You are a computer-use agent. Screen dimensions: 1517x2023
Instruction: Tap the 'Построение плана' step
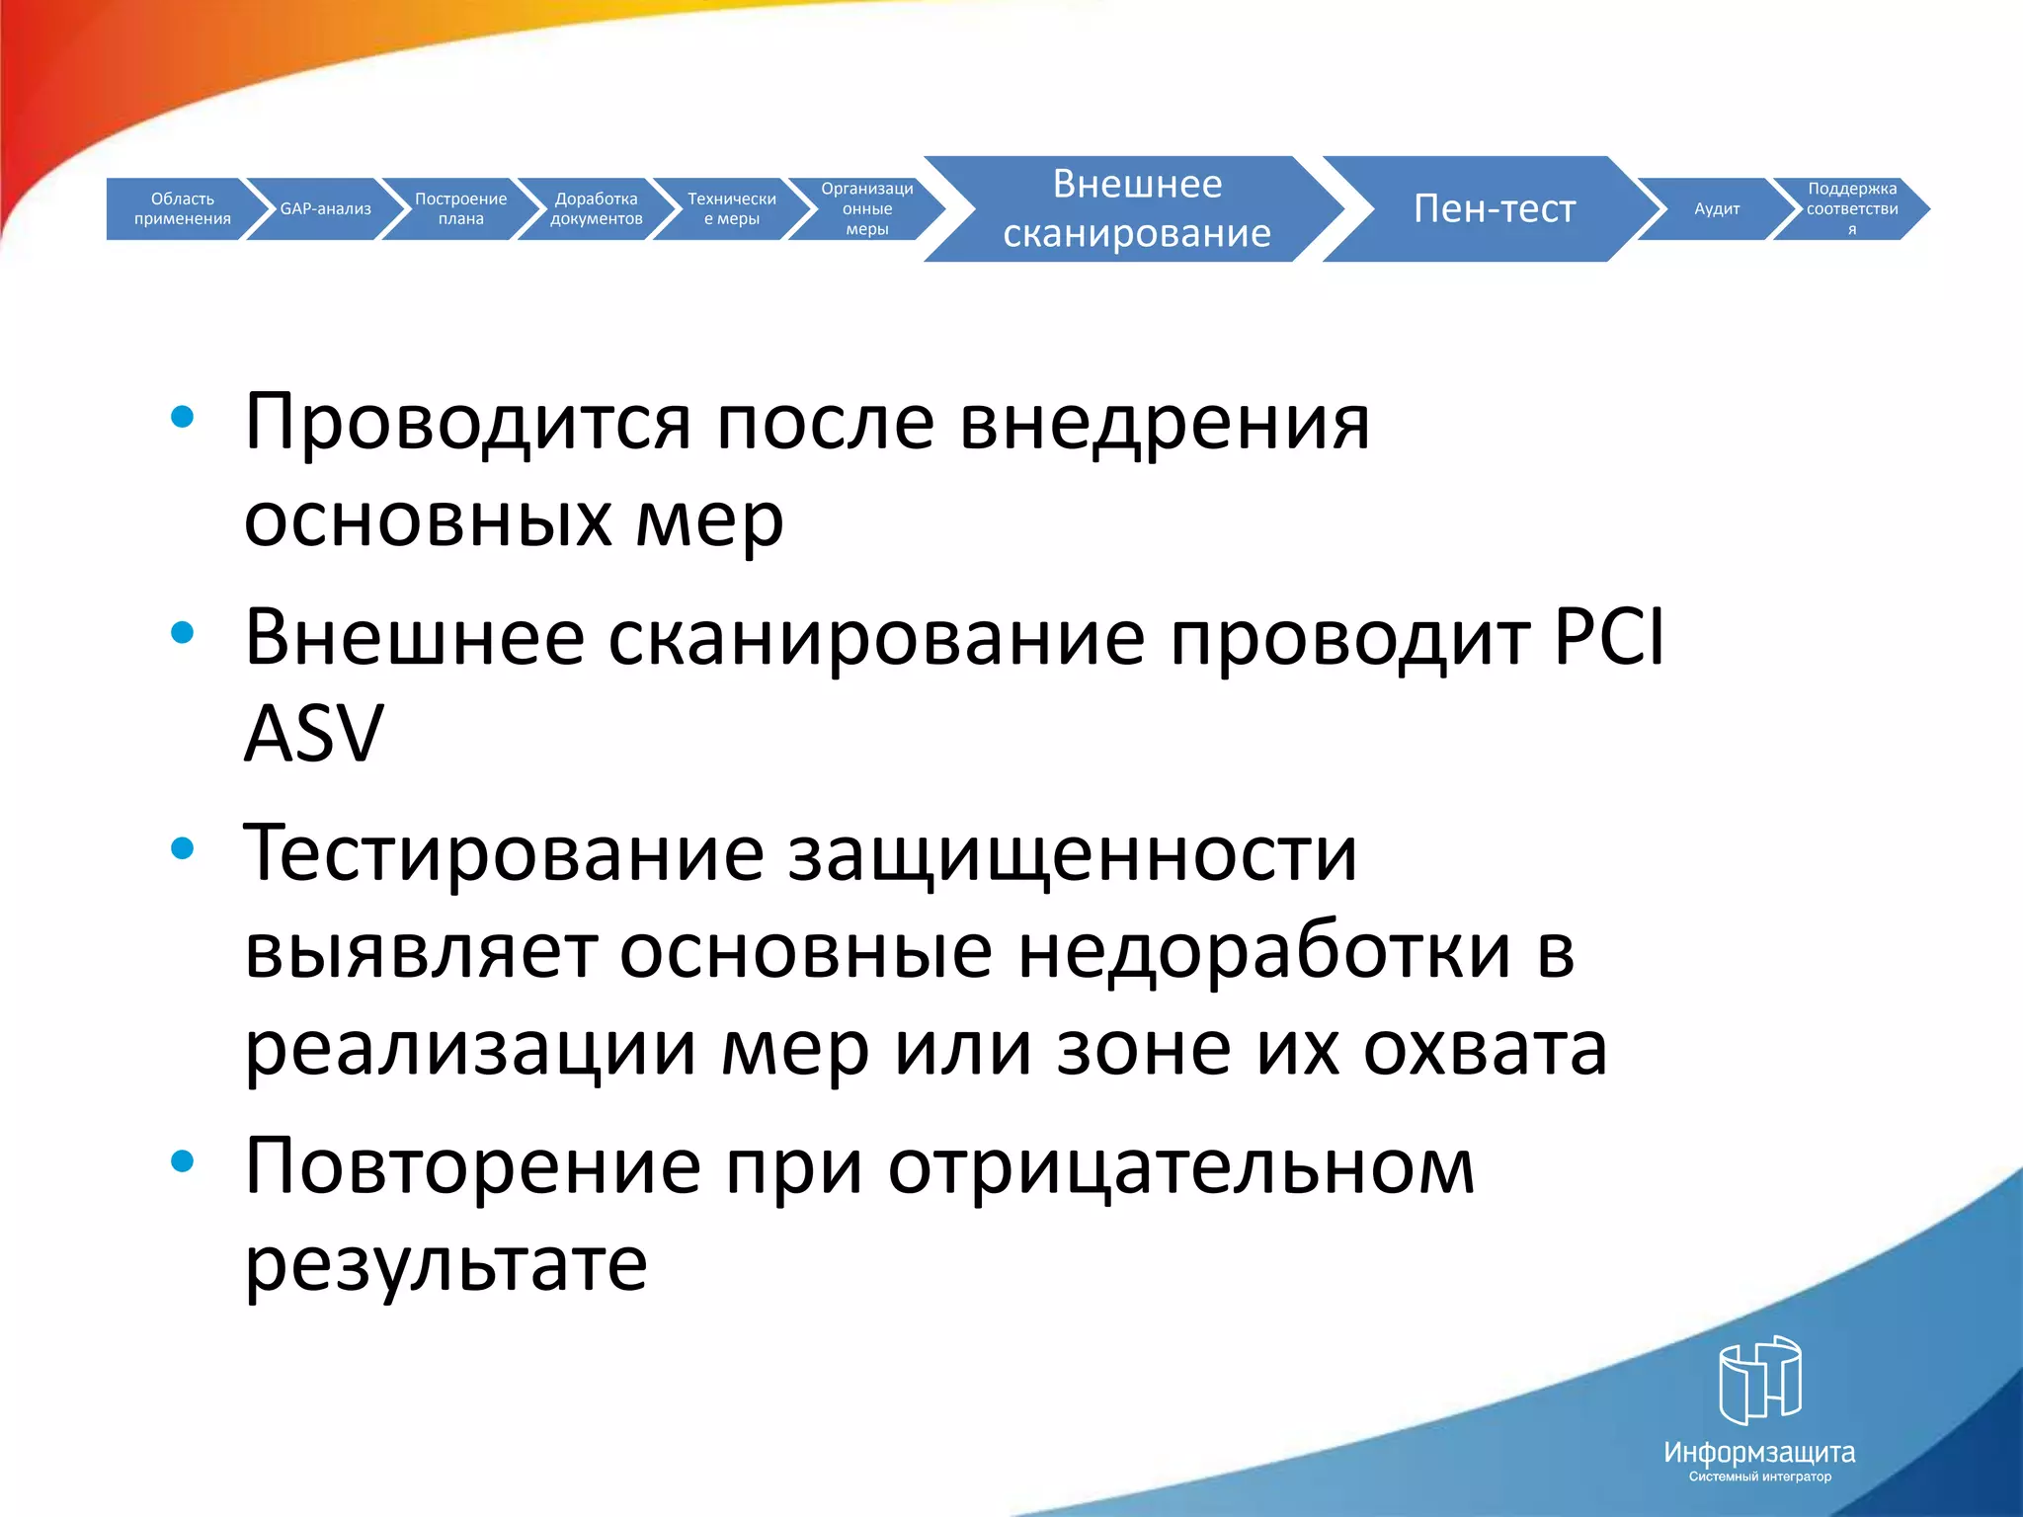(460, 208)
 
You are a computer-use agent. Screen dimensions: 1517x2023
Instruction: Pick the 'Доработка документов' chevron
(596, 208)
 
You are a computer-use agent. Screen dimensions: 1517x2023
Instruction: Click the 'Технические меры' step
(731, 208)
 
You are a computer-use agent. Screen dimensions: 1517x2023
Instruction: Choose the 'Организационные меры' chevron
(866, 208)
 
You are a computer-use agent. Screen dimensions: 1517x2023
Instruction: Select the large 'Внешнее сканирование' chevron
(1136, 208)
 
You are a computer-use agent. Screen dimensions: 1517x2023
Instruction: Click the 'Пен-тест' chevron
(1494, 208)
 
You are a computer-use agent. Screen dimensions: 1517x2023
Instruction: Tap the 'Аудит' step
(1717, 208)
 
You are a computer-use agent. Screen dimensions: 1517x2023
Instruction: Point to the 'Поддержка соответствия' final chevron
(1851, 208)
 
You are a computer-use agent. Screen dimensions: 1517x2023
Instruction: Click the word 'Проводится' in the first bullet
(467, 423)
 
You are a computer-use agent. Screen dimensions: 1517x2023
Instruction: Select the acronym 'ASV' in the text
(313, 734)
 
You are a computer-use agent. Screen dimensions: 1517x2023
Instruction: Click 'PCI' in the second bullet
(1608, 637)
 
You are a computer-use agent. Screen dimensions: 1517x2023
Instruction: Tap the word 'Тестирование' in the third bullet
(504, 852)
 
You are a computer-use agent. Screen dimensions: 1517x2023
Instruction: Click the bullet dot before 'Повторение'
(182, 1161)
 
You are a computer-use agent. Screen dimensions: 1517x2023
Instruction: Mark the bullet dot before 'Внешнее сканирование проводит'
(182, 632)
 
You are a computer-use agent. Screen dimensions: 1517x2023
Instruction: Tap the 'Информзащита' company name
(1759, 1453)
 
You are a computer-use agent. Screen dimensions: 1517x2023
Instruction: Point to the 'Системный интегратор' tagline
(1759, 1477)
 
